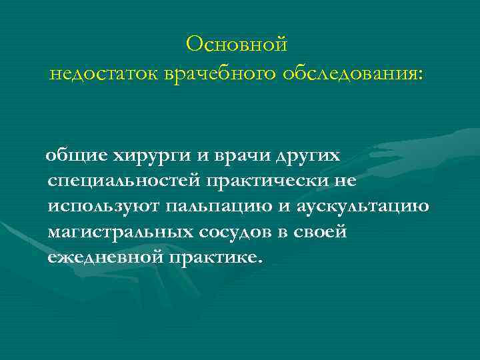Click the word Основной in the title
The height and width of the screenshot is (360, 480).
coord(237,45)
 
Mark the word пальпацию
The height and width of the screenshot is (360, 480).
coord(223,207)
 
